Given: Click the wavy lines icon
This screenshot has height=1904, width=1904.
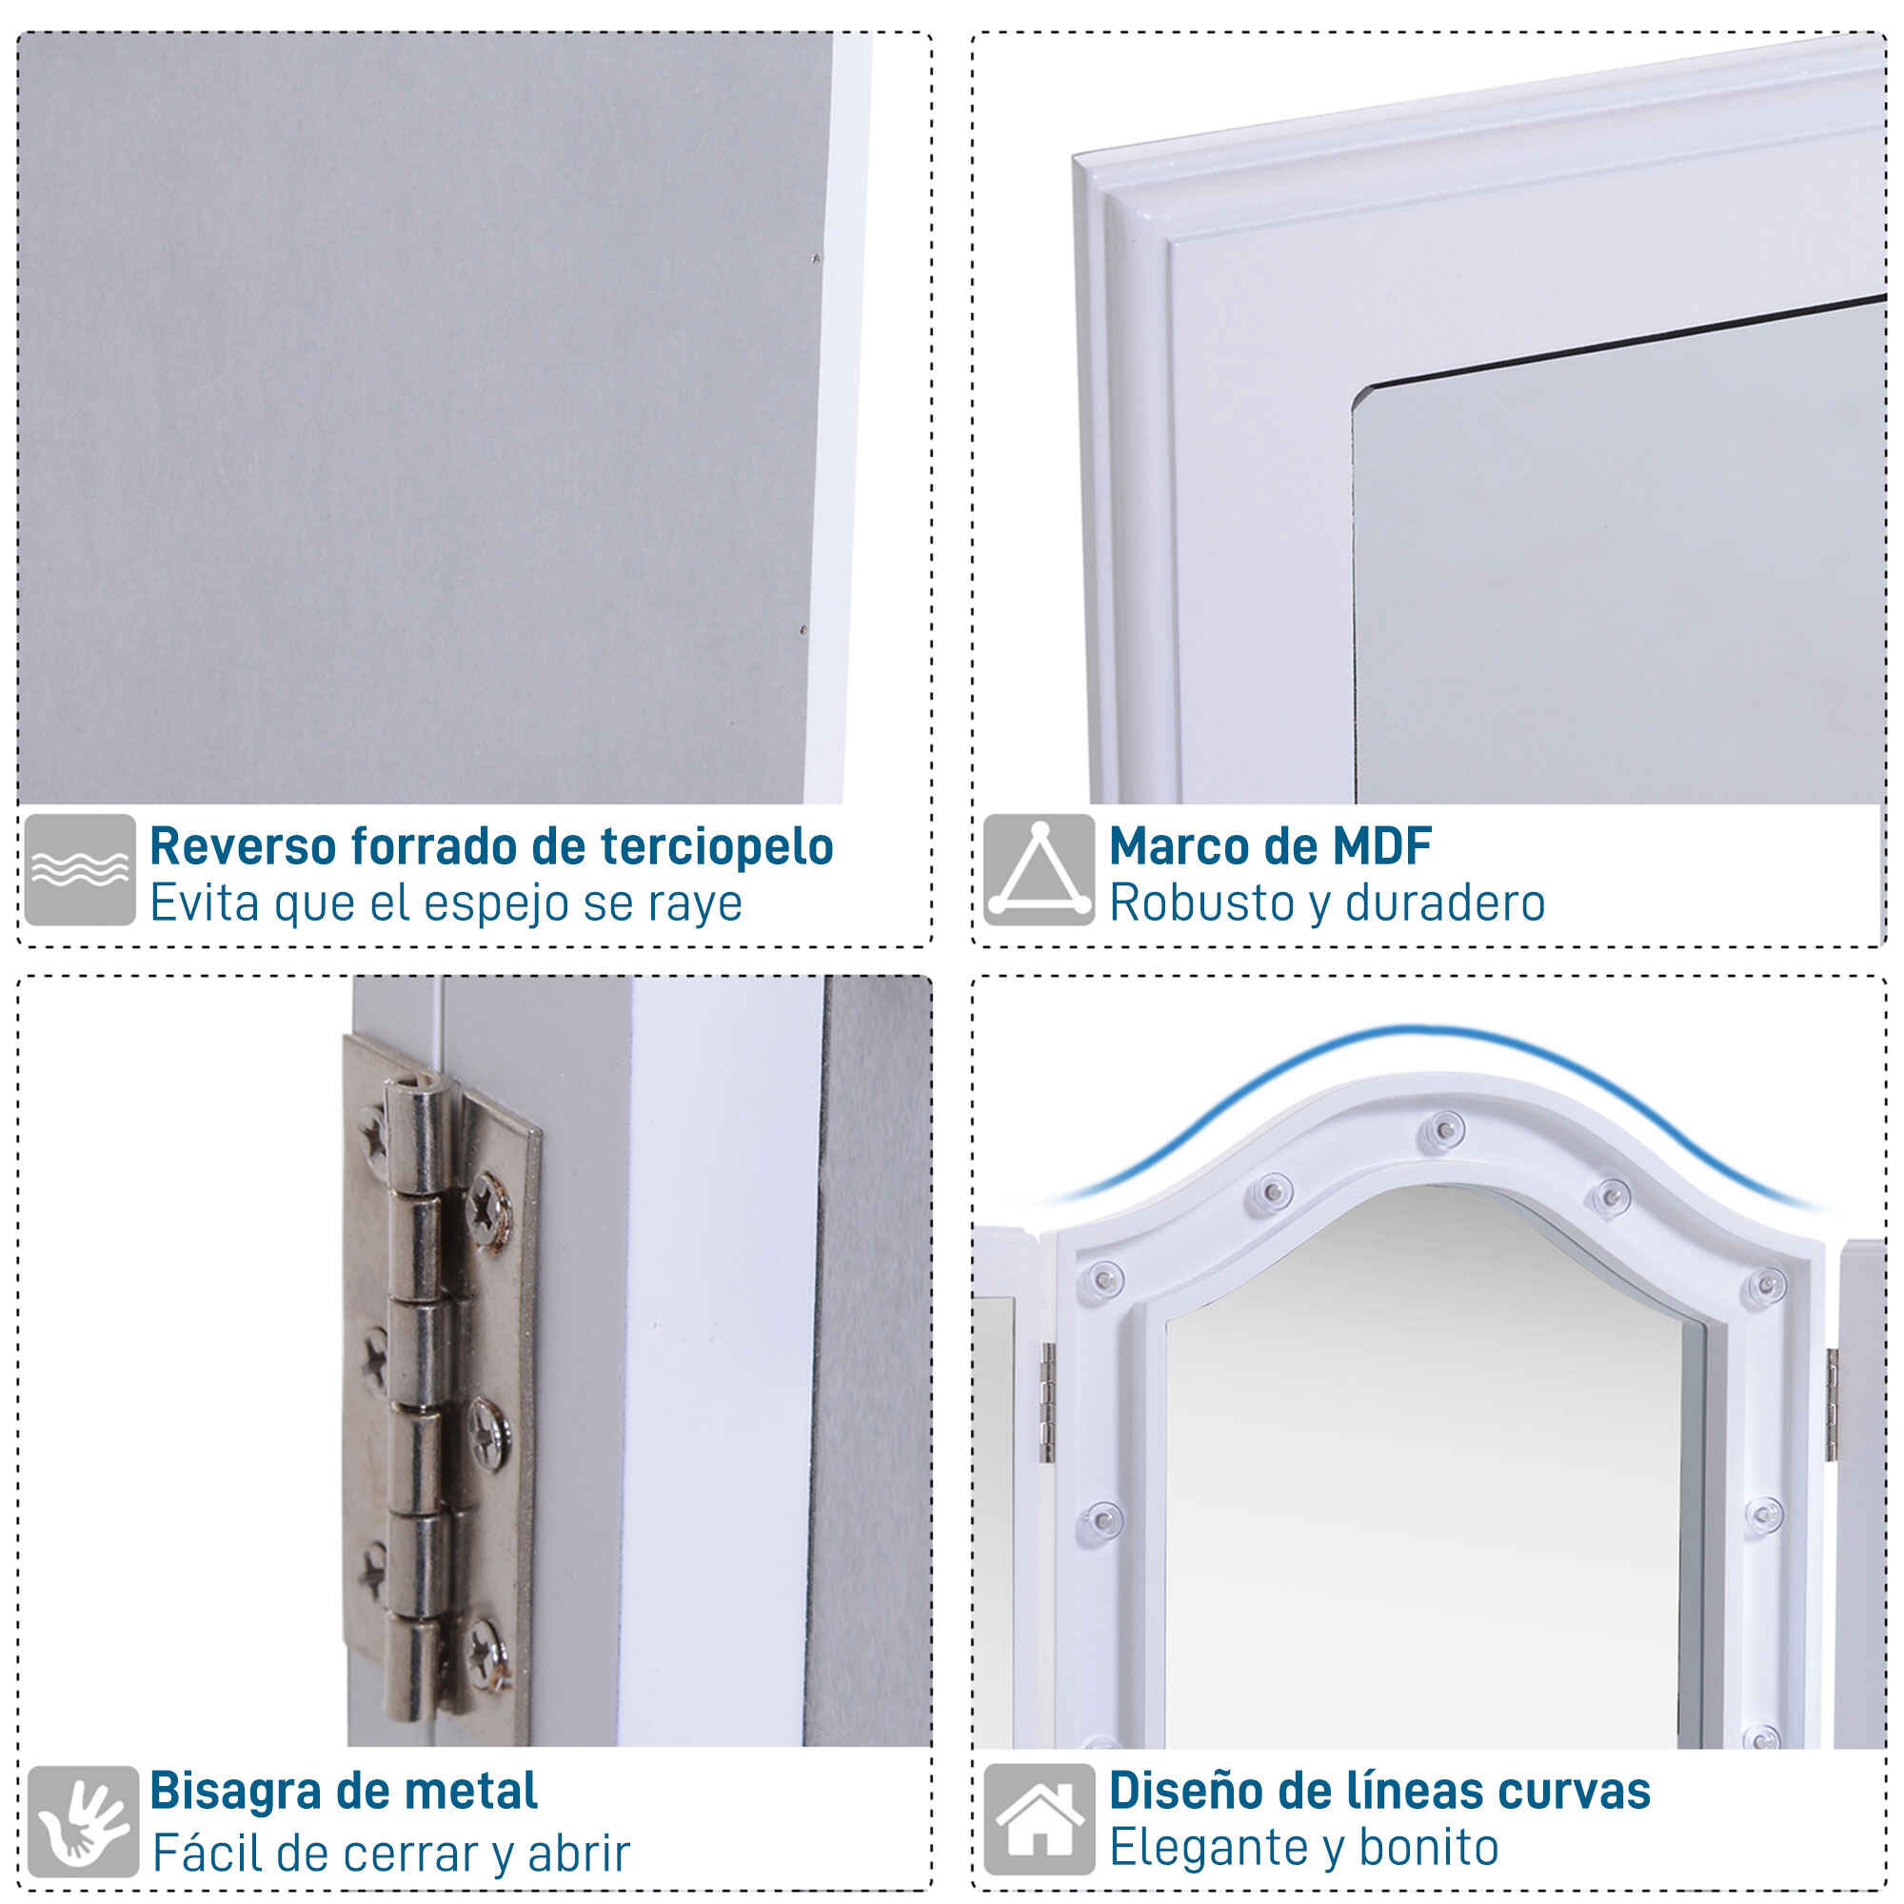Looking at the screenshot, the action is point(80,869).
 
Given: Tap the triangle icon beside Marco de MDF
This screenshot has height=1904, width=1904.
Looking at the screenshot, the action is point(1039,869).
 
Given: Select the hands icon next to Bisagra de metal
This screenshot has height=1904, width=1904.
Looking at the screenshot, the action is point(83,1821).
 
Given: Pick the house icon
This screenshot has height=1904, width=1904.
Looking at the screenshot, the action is point(1040,1819).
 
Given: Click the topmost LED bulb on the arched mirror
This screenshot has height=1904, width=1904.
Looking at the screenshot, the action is point(1445,1126).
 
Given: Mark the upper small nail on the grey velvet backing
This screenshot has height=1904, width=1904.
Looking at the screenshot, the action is point(814,260).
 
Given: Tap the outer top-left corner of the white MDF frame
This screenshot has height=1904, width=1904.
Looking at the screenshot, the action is point(1074,155).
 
